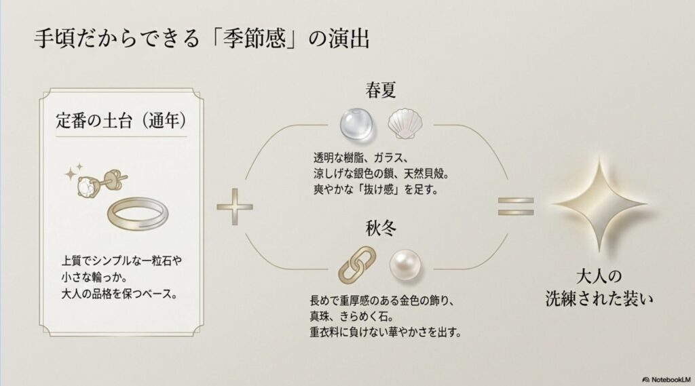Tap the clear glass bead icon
(355, 125)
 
